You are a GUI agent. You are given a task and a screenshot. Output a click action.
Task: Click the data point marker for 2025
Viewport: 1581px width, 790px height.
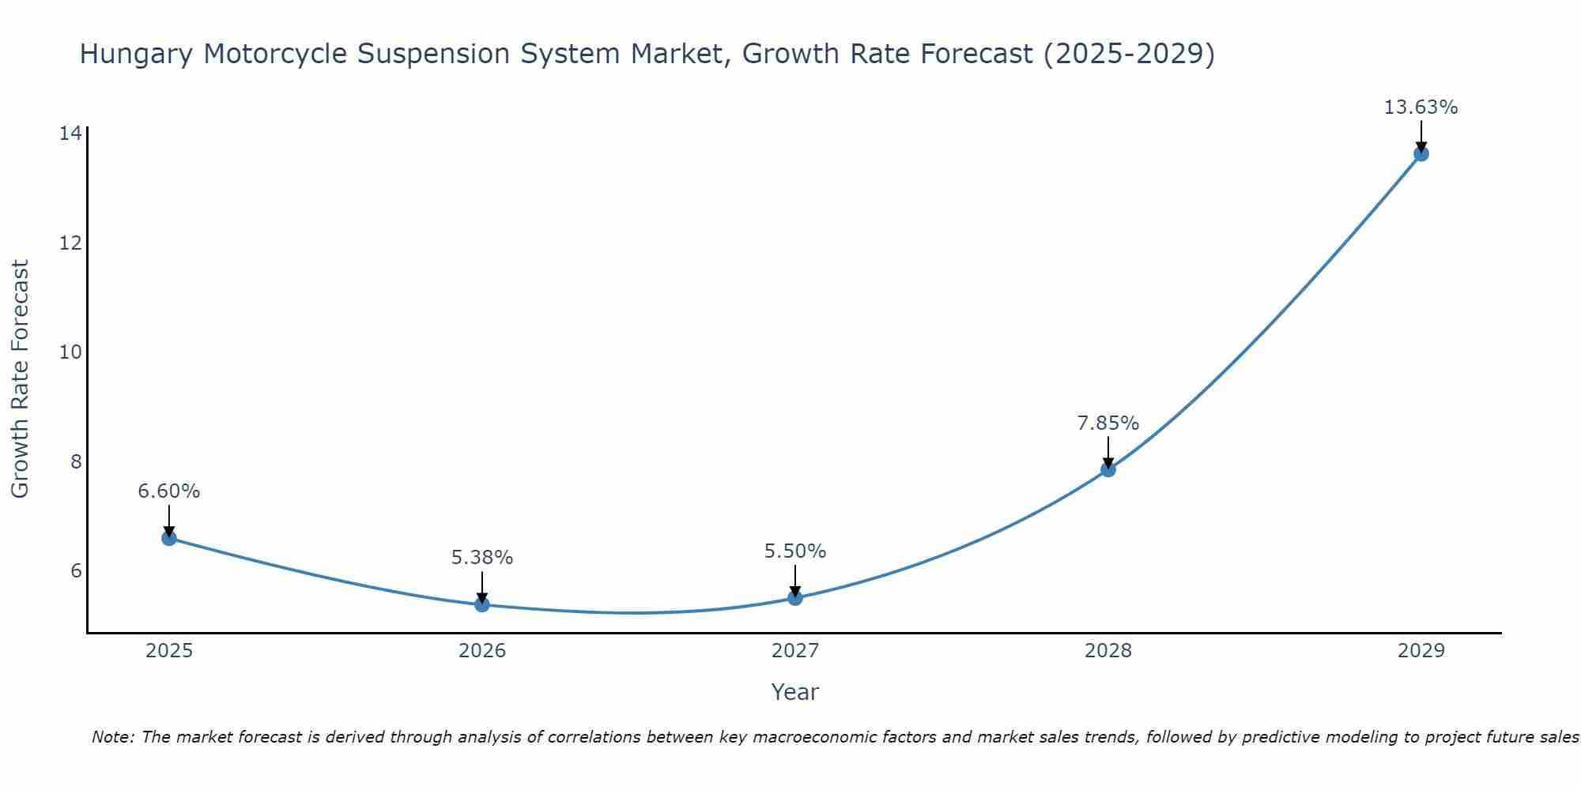(x=169, y=538)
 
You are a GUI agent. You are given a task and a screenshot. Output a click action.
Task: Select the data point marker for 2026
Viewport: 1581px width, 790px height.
(x=482, y=604)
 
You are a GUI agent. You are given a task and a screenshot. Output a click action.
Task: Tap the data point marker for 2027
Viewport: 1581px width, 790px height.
(x=795, y=598)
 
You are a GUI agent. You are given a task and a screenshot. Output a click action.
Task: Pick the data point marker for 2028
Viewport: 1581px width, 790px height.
(x=1108, y=469)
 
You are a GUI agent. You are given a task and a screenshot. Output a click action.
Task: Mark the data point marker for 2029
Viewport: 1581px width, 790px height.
(x=1421, y=154)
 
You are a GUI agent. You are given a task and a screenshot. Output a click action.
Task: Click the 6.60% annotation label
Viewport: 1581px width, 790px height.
(x=169, y=491)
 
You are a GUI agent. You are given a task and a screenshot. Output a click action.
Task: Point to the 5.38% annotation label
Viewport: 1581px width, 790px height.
(x=482, y=558)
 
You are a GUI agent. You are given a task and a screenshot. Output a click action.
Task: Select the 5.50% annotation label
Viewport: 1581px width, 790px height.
(x=795, y=551)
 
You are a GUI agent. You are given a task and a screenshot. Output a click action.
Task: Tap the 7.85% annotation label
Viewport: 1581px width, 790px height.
(x=1108, y=423)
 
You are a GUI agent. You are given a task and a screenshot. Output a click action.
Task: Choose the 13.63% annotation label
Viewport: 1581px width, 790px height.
(x=1421, y=107)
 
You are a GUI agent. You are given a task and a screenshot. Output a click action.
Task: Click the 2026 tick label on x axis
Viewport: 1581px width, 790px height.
(x=482, y=651)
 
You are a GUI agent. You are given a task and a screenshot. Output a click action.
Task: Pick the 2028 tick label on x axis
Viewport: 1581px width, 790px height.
(x=1108, y=651)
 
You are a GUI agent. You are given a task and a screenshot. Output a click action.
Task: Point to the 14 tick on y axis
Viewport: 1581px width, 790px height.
(x=70, y=133)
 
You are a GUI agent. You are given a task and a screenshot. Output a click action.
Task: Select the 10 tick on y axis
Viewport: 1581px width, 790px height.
(x=70, y=352)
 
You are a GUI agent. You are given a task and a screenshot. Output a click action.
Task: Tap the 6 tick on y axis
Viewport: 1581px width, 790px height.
(x=76, y=570)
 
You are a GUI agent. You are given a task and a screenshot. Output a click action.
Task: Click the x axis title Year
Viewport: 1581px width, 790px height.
(x=795, y=692)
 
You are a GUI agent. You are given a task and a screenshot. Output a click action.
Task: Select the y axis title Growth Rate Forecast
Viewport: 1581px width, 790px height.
(x=21, y=379)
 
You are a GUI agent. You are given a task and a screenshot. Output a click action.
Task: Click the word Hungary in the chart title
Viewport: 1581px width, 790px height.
(x=136, y=55)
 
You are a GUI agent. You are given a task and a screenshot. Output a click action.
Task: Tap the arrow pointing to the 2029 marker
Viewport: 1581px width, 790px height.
(x=1421, y=136)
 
